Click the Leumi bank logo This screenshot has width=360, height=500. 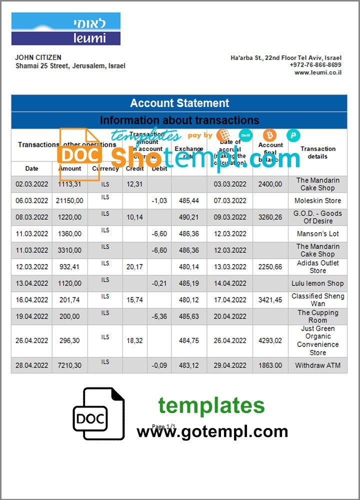click(66, 29)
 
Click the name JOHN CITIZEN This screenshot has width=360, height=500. click(38, 58)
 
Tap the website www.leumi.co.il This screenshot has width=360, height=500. click(317, 72)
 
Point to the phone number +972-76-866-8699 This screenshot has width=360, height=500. click(315, 65)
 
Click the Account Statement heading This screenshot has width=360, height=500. click(179, 103)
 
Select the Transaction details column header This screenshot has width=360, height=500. click(317, 152)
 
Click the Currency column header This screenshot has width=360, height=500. click(105, 168)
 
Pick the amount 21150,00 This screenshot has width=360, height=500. click(70, 200)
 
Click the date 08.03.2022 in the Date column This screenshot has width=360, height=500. click(32, 217)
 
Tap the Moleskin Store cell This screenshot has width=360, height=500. click(317, 200)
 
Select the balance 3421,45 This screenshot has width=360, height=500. click(270, 299)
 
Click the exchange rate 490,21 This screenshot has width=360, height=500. click(189, 217)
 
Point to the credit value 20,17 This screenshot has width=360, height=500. click(134, 267)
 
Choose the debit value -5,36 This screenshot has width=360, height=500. click(159, 316)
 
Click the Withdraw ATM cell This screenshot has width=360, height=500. click(317, 365)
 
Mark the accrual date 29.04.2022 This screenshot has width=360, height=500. click(230, 365)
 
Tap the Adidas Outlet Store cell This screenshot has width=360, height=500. click(317, 267)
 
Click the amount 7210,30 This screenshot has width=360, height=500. click(70, 365)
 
